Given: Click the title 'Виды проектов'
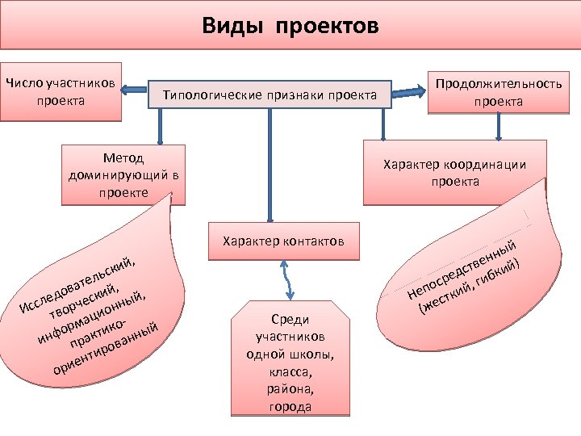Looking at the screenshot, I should tap(290, 27).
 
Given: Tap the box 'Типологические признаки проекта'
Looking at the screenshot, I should tap(270, 95).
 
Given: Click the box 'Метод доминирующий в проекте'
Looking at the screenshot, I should tap(123, 173).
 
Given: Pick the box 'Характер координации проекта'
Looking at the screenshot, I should tap(454, 173).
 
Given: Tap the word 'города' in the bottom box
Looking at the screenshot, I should tap(290, 406).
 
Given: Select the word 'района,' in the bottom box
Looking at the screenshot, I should tap(290, 388).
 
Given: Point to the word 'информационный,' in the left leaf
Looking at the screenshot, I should tap(90, 320).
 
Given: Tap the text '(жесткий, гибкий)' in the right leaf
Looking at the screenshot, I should tap(472, 287).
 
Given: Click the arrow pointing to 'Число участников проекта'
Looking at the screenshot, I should tap(135, 91).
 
